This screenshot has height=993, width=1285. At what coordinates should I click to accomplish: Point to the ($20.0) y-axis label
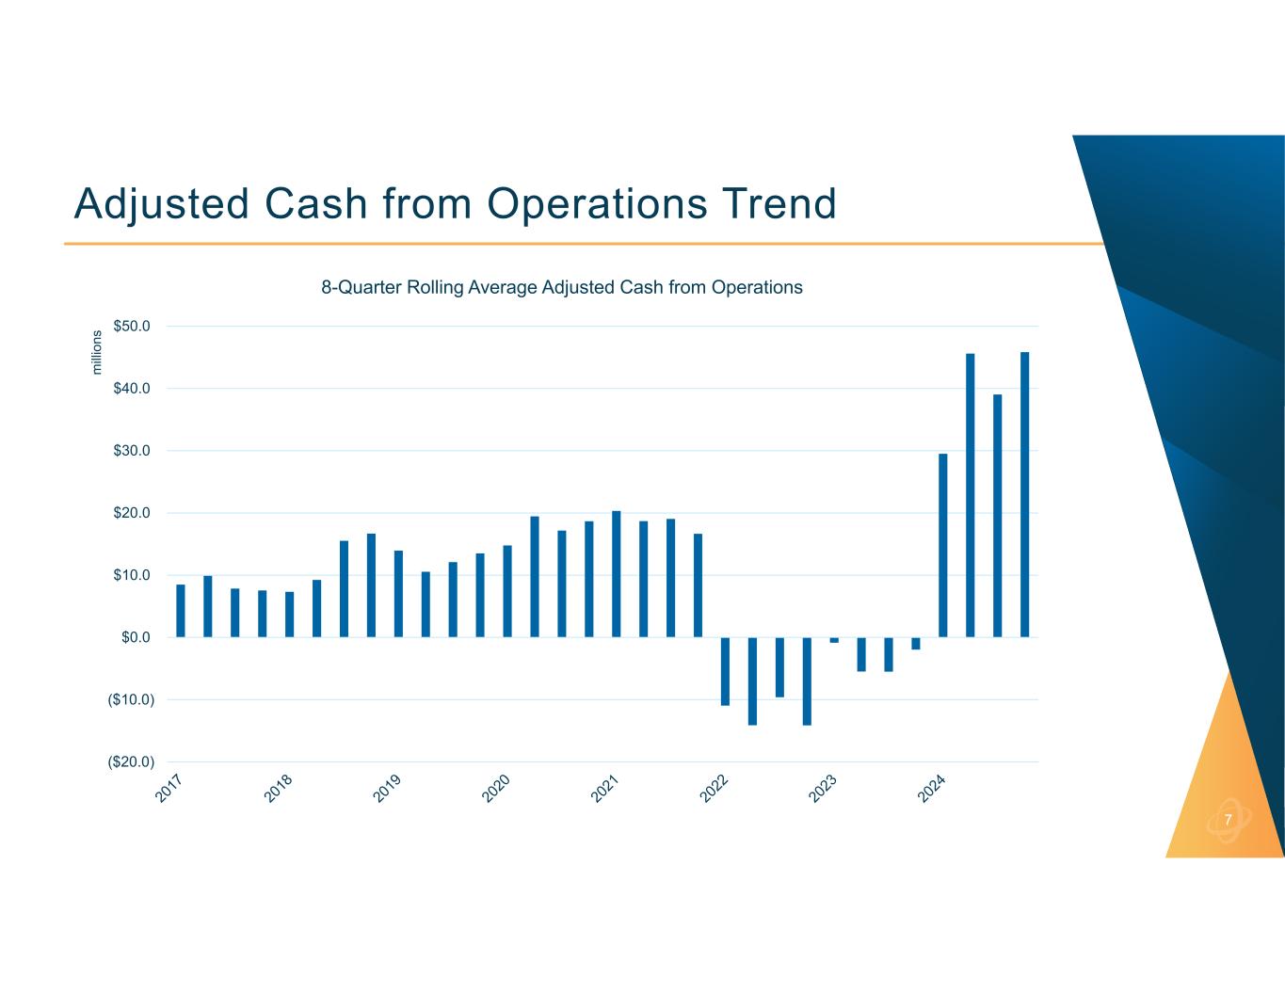pos(131,761)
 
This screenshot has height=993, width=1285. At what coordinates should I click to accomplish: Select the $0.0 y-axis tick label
pos(137,637)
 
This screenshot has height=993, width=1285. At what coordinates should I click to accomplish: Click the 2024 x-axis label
pos(933,789)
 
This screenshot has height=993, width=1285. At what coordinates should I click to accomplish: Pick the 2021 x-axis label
pos(605,789)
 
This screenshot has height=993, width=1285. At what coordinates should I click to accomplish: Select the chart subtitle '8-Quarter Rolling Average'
pos(562,287)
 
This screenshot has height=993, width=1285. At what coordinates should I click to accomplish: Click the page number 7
pos(1228,820)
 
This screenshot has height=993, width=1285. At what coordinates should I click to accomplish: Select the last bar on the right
pos(1024,494)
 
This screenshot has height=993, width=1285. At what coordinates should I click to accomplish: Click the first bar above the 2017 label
pos(181,611)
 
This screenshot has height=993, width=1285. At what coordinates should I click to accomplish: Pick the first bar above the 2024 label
pos(942,546)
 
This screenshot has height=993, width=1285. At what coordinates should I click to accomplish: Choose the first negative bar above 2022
pos(725,671)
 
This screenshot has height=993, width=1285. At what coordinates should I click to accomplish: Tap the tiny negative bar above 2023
pos(834,640)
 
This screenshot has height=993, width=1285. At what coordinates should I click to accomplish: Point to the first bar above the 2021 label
pos(616,574)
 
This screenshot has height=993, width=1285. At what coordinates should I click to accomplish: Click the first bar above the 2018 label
pos(290,615)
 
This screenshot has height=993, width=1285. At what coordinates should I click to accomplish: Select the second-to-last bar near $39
pos(997,516)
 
